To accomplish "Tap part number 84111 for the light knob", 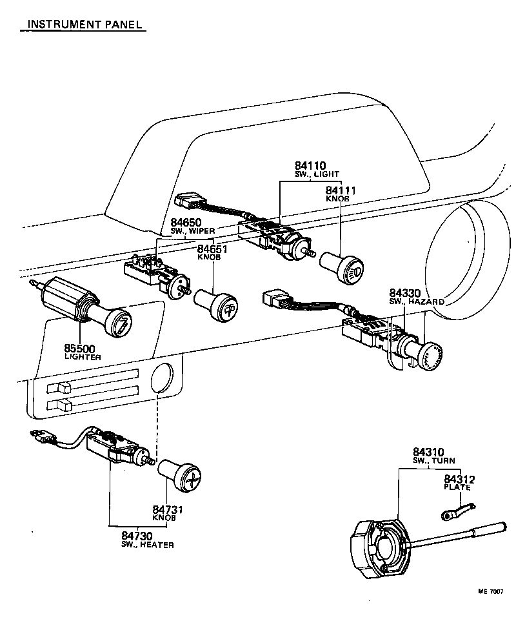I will click(x=341, y=190).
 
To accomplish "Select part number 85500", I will click(x=79, y=348).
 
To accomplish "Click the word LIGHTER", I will click(x=83, y=357).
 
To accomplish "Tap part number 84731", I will click(x=168, y=510).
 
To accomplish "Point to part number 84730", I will click(x=136, y=536).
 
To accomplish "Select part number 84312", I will click(x=459, y=479).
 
